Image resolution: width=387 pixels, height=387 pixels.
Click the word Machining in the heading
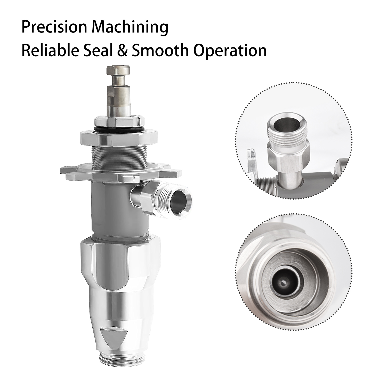130,28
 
